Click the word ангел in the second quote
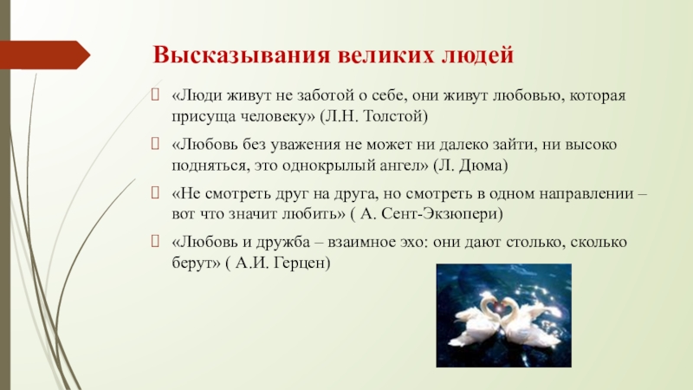click(x=405, y=166)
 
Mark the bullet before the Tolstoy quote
click(x=155, y=94)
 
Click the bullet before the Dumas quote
click(x=155, y=144)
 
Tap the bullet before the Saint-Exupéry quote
click(x=155, y=192)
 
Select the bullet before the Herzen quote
click(x=155, y=241)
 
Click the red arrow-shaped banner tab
click(x=45, y=55)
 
